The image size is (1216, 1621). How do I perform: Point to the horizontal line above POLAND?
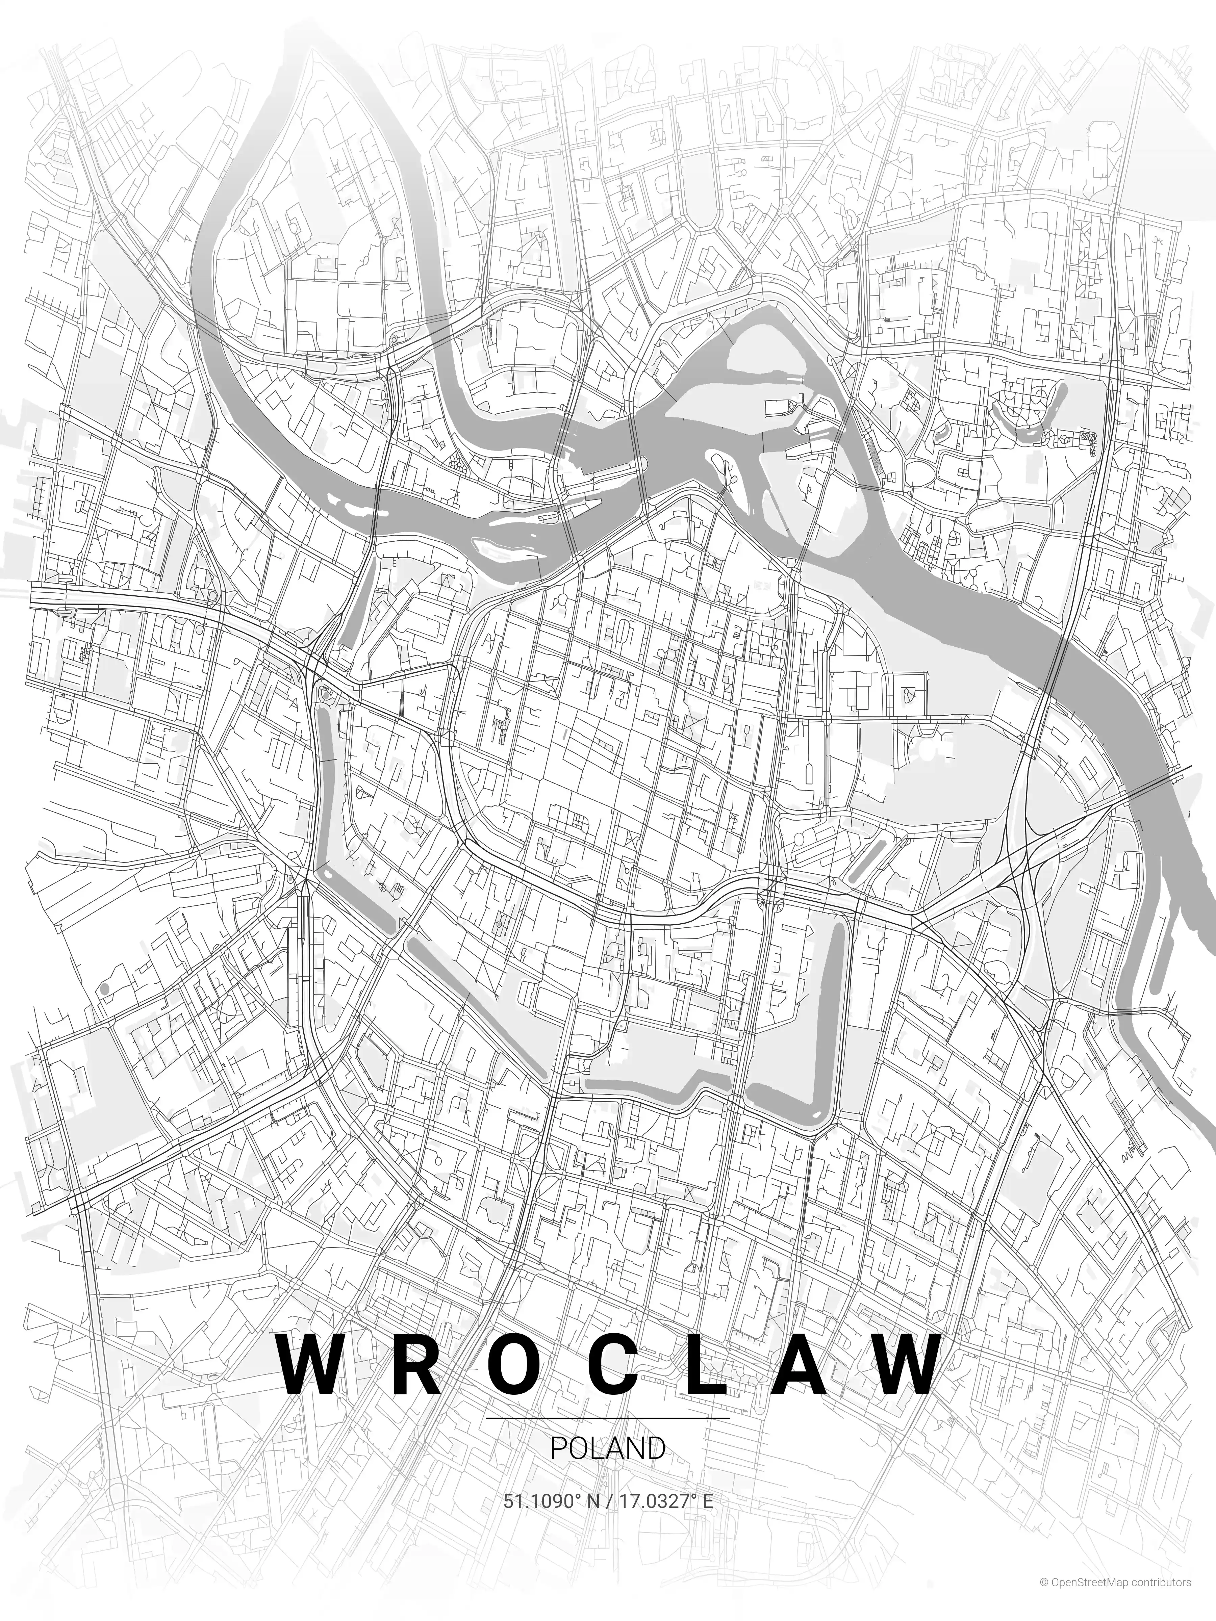608,1418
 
